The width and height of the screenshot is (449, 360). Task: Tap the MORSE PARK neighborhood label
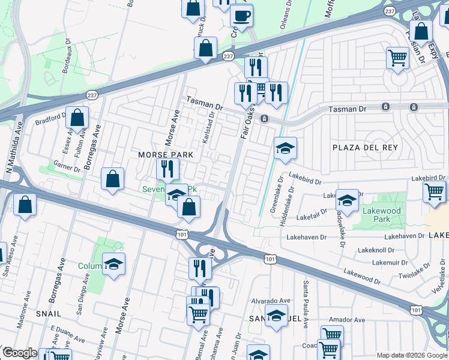pos(166,155)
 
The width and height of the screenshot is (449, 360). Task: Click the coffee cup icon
pos(241,16)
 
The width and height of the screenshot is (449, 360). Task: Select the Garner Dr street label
pos(67,165)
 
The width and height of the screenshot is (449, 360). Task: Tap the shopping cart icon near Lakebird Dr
pos(435,193)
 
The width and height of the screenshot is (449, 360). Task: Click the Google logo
pos(20,353)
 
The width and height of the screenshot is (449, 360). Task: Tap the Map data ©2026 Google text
pos(411,355)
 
